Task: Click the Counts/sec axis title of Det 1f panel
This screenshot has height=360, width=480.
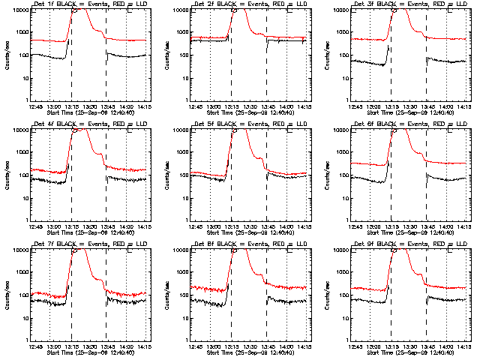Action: (7, 55)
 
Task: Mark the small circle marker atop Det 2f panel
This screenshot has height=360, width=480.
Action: (235, 10)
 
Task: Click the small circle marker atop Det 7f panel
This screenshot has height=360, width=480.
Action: (75, 250)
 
